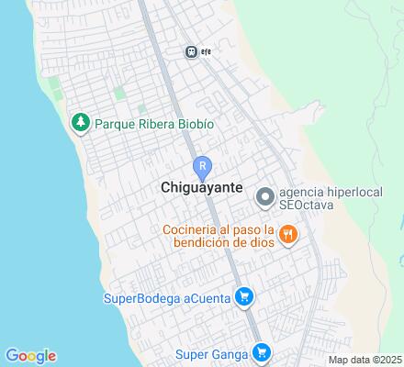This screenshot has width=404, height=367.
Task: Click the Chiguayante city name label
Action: [201, 186]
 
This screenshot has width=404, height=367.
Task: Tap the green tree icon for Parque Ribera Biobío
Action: [81, 123]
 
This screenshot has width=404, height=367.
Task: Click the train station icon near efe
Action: [191, 51]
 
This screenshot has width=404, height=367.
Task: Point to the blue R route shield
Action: [201, 167]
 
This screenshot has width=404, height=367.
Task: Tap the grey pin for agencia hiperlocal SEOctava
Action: [265, 196]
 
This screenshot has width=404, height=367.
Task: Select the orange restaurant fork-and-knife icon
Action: [288, 235]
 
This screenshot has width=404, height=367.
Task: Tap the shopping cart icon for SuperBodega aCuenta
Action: [243, 296]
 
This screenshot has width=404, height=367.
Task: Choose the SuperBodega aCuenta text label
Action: [168, 296]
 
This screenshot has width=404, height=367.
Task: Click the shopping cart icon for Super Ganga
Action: [261, 351]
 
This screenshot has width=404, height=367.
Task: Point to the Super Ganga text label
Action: [213, 351]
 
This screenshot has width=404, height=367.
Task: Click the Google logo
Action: [30, 356]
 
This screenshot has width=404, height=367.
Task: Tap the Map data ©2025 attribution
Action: [365, 360]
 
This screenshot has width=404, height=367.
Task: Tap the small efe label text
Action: [207, 51]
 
